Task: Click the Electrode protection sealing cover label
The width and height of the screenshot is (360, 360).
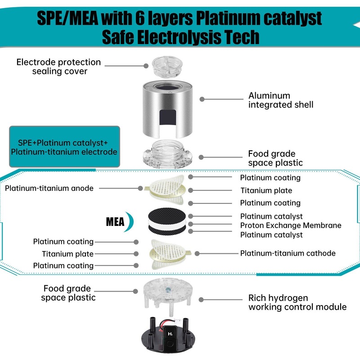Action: pos(59,67)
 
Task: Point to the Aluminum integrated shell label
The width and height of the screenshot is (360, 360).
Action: pos(281,100)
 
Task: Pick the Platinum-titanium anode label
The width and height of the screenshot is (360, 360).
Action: pos(49,188)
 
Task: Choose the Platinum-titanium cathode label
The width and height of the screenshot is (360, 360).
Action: pos(288,253)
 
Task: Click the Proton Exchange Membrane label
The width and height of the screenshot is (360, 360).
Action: pos(290,225)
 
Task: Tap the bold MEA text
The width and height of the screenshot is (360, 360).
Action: pos(115,222)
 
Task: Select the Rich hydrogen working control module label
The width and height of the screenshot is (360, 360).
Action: pos(297,302)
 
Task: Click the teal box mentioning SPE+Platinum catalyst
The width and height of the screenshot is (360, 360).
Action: pos(64,147)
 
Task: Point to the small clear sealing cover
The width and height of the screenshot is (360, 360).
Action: pos(166,67)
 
